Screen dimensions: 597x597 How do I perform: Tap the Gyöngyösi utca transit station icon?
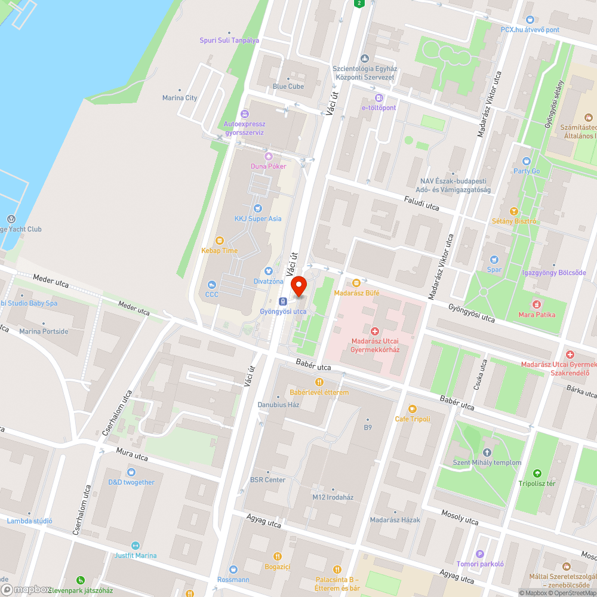(283, 301)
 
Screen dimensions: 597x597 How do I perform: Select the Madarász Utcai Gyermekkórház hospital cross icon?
(375, 331)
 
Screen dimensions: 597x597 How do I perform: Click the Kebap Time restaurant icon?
(219, 241)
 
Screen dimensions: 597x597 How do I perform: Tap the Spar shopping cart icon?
(494, 260)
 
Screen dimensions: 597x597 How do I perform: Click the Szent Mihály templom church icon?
(487, 453)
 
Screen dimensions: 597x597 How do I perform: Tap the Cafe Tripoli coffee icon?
(412, 409)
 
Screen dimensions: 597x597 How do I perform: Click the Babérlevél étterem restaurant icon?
(319, 382)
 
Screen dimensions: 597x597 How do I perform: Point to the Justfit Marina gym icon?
(136, 546)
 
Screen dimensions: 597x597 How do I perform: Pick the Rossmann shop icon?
(233, 570)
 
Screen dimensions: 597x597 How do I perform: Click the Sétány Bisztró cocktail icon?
(513, 211)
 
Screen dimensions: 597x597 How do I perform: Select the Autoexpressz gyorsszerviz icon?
(244, 114)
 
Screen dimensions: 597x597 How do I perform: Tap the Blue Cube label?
(288, 87)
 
